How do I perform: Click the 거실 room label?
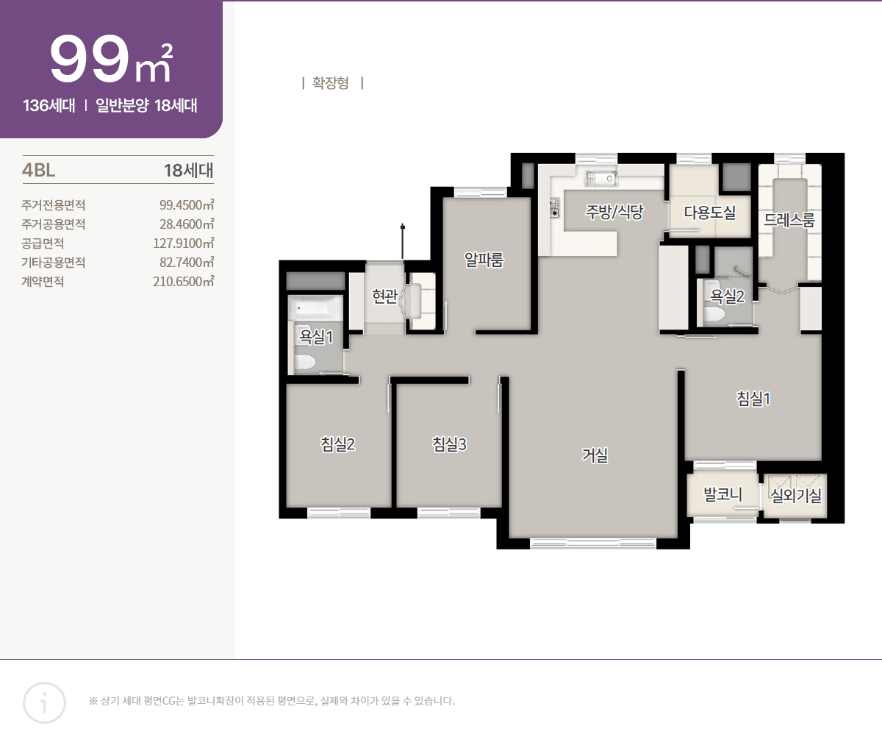(x=595, y=455)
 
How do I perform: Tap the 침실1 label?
(x=753, y=399)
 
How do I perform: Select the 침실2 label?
(x=337, y=444)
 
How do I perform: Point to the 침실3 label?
(x=449, y=444)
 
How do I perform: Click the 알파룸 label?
(x=484, y=260)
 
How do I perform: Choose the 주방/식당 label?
(x=614, y=212)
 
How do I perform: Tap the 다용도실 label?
(x=710, y=212)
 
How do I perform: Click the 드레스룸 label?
(x=789, y=220)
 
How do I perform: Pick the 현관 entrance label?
(x=385, y=296)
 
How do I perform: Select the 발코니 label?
(x=723, y=494)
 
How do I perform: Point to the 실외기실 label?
(x=796, y=495)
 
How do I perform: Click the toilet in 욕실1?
(x=305, y=363)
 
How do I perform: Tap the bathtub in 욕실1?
(x=315, y=307)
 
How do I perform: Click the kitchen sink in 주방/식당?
(x=600, y=179)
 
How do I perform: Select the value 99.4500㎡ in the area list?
(x=187, y=205)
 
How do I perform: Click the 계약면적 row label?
(x=43, y=282)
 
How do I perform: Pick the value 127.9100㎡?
(x=184, y=243)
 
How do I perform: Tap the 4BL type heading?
(x=38, y=171)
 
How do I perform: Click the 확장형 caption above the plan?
(x=331, y=83)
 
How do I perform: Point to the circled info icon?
(x=44, y=702)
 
